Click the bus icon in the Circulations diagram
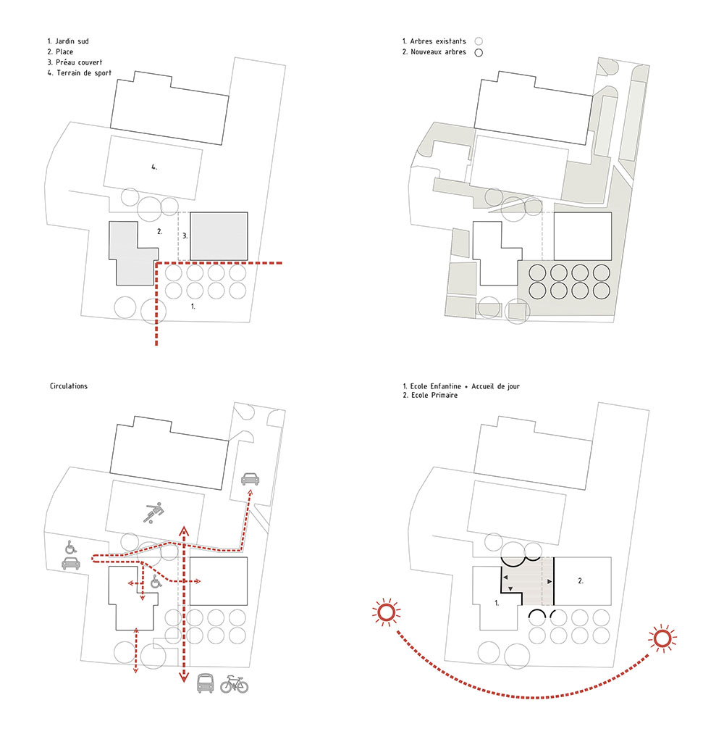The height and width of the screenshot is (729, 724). point(206,683)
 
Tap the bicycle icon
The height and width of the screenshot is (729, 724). point(234,684)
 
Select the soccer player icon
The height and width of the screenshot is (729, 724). point(153,513)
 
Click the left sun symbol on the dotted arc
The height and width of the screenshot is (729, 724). point(386,612)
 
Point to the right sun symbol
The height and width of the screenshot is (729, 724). point(662,638)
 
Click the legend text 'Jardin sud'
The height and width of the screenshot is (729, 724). point(72,41)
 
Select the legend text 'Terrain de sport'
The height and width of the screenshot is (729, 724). point(84,73)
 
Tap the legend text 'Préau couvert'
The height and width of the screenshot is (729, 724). point(79,62)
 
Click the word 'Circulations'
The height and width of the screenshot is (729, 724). point(69,386)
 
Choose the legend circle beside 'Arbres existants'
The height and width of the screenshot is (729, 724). point(479,41)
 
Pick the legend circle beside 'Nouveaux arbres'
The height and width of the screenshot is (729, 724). point(479,52)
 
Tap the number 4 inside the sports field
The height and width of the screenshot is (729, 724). point(154,167)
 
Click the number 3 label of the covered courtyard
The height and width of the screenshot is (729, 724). point(185,236)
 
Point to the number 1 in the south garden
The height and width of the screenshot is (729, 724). point(193,307)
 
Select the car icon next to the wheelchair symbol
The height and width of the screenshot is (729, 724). point(71,564)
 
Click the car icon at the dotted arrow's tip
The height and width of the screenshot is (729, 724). point(251,478)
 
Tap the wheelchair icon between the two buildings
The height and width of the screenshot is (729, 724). point(156,581)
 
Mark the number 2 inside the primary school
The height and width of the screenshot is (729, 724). point(581,580)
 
